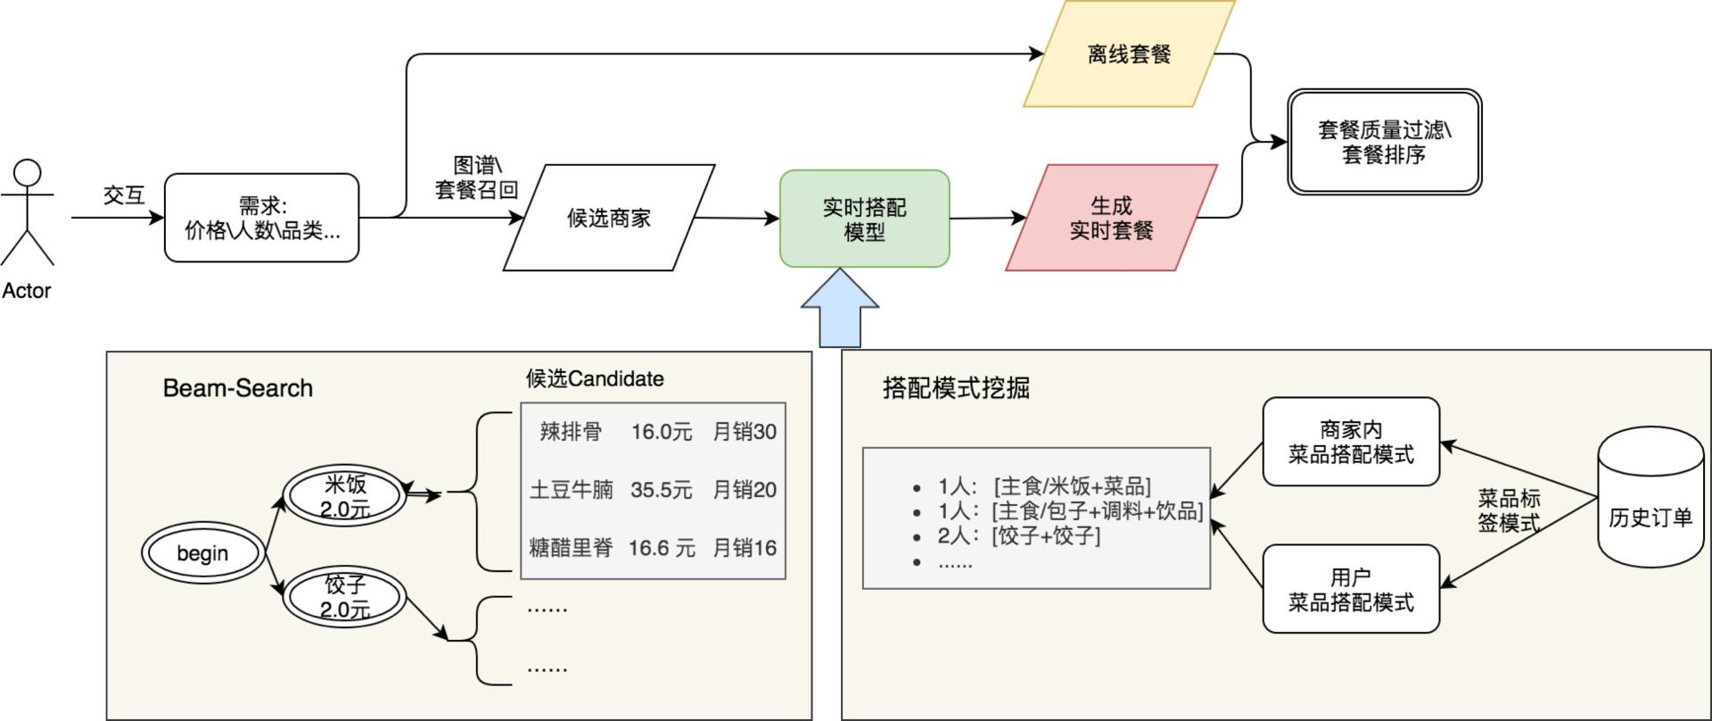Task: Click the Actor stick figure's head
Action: pyautogui.click(x=28, y=173)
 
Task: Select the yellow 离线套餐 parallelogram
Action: pyautogui.click(x=1128, y=54)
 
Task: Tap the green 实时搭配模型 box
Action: pyautogui.click(x=864, y=219)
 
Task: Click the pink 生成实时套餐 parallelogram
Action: pyautogui.click(x=1111, y=218)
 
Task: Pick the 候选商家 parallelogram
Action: pyautogui.click(x=609, y=218)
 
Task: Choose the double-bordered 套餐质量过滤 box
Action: pyautogui.click(x=1384, y=142)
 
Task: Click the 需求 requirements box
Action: pyautogui.click(x=262, y=218)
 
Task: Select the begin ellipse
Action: pyautogui.click(x=202, y=553)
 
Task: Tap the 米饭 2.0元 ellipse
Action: pyautogui.click(x=345, y=496)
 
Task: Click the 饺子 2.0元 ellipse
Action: pyautogui.click(x=345, y=596)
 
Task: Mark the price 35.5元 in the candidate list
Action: pyautogui.click(x=661, y=490)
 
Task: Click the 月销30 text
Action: pyautogui.click(x=745, y=432)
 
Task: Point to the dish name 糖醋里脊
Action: pyautogui.click(x=572, y=548)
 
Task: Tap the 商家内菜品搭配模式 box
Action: pyautogui.click(x=1351, y=442)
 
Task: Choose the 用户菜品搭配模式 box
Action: pyautogui.click(x=1351, y=589)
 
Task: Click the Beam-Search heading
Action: pyautogui.click(x=238, y=388)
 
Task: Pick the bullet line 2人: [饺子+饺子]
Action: pyautogui.click(x=1018, y=535)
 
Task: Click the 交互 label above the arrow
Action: pyautogui.click(x=123, y=195)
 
